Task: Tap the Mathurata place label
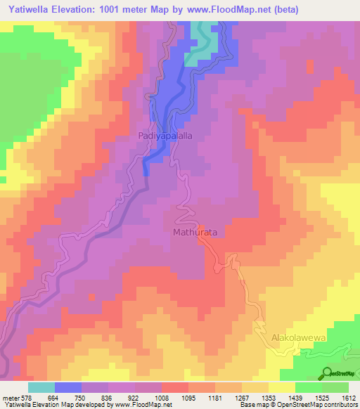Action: (195, 231)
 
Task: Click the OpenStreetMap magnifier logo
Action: (328, 373)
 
